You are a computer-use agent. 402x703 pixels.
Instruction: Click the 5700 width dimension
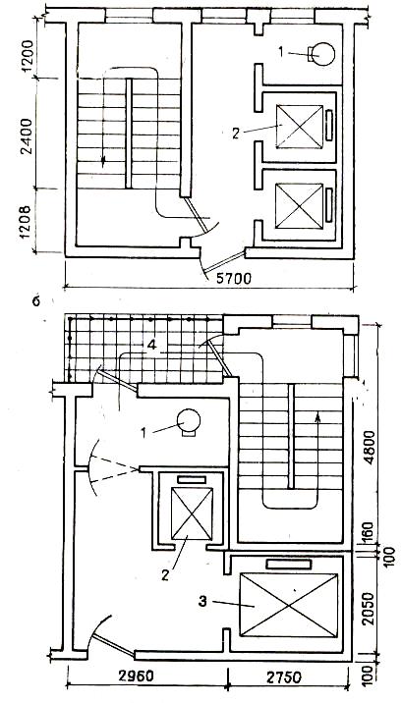233,279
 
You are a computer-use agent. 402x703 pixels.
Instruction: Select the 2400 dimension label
28,136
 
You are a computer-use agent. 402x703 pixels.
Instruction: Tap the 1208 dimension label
27,222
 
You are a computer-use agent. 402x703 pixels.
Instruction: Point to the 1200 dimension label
28,56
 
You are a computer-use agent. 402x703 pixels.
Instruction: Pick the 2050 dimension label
370,609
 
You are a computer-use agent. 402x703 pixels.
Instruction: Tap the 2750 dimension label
283,676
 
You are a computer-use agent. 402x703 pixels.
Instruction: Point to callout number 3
202,601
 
